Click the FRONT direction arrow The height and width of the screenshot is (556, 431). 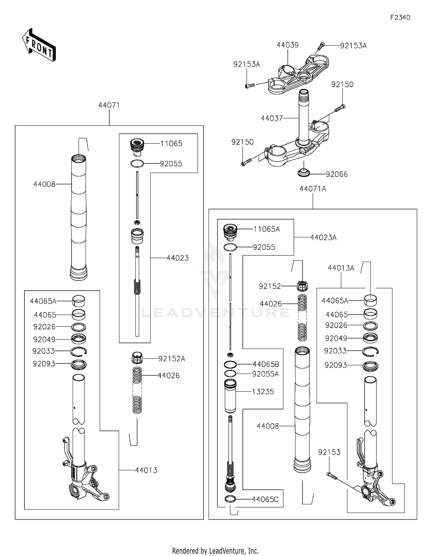tap(39, 45)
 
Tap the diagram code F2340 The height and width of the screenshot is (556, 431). tap(400, 18)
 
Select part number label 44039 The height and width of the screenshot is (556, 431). tap(287, 45)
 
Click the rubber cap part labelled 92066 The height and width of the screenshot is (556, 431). tap(304, 173)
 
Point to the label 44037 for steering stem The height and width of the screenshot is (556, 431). tap(272, 118)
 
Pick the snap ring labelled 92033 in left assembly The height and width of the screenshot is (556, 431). tap(79, 351)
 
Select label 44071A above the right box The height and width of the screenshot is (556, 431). tap(313, 189)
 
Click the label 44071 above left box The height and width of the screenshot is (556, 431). tap(109, 105)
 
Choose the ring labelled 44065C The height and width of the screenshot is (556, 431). tap(230, 499)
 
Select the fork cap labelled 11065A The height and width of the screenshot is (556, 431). tap(230, 231)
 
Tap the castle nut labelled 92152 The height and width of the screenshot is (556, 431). tap(302, 286)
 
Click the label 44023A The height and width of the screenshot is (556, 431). tap(323, 238)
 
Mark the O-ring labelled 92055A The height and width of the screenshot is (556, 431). tap(230, 374)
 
